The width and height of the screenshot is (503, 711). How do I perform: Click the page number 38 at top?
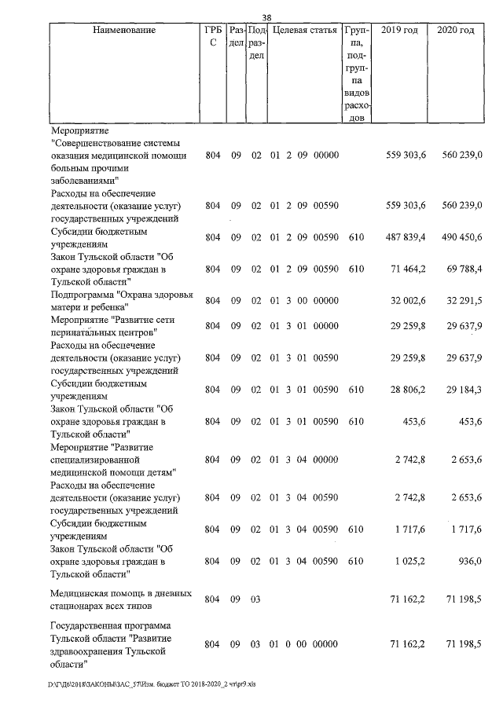pos(266,17)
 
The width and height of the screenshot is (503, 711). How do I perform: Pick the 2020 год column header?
pos(455,30)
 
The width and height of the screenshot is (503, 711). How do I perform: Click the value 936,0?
pos(468,562)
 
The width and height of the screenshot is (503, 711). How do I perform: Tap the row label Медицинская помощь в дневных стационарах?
pos(118,599)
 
